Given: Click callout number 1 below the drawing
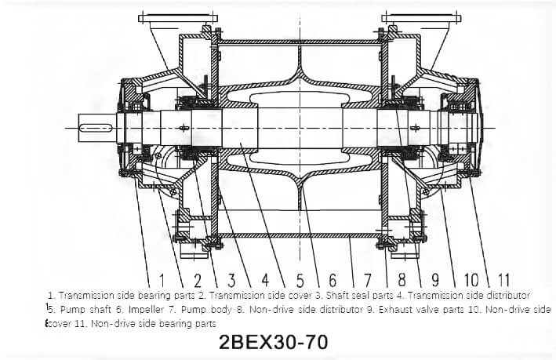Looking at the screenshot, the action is (162, 280).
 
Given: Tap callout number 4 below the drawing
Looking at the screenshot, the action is (265, 280).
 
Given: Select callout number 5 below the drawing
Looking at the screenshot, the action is (300, 280).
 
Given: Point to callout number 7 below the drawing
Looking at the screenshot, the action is (368, 280).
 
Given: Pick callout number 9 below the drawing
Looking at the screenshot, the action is (435, 280).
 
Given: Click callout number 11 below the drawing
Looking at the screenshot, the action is (503, 280).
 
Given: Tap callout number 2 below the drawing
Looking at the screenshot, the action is (198, 280).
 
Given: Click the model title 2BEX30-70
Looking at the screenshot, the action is (274, 342).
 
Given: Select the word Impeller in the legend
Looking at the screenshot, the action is (146, 310).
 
